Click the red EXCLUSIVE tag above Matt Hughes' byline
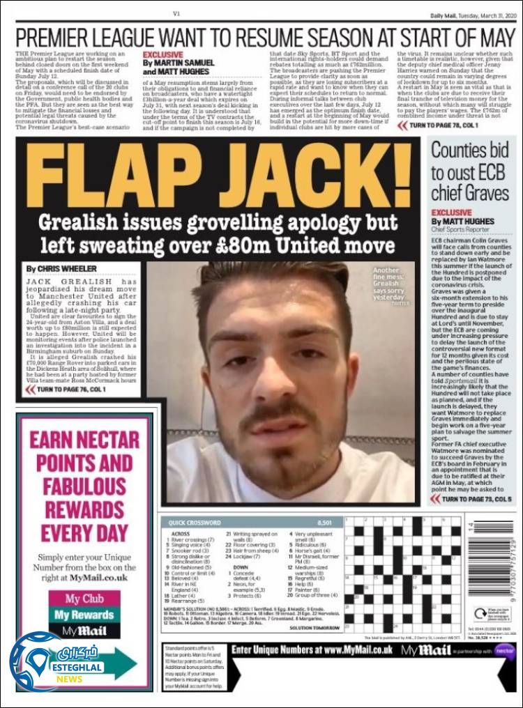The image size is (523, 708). point(451,212)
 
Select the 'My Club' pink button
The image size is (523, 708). point(84,599)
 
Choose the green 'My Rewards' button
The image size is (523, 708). point(84,615)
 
